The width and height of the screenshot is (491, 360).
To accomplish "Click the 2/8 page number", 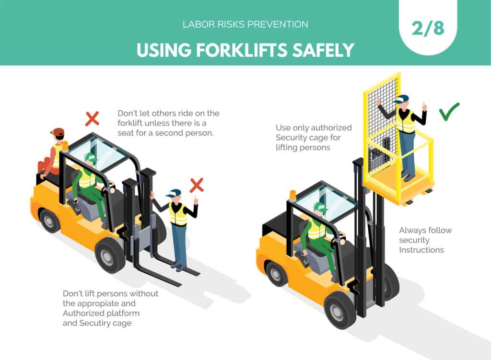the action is [x=428, y=28].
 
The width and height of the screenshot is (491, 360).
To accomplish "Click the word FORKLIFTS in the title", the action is [x=241, y=50].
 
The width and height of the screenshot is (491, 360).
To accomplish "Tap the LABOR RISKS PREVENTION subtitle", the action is [x=245, y=24].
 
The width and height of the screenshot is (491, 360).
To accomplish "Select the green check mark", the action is [x=449, y=111].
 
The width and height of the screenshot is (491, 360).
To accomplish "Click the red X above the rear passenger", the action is [x=93, y=119].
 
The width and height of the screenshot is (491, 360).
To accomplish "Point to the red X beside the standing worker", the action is [x=197, y=185].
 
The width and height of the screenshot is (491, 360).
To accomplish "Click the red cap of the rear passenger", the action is [x=57, y=132].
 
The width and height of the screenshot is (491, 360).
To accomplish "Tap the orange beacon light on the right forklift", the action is [x=293, y=195].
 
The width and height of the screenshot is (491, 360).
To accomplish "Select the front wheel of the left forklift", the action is [x=108, y=256].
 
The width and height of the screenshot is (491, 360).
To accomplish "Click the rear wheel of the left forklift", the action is [x=48, y=221].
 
